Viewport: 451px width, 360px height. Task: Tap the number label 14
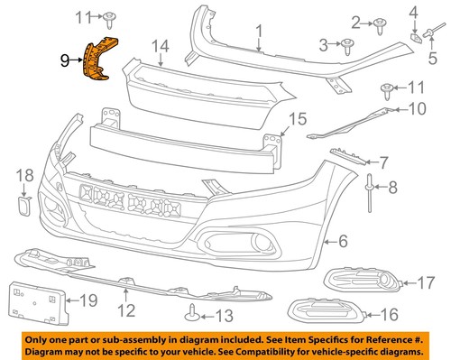pos(160,46)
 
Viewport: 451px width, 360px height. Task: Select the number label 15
pos(297,118)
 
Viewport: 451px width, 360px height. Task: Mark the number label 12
pos(125,311)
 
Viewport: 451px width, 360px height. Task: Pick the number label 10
pos(416,108)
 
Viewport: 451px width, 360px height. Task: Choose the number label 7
pos(383,162)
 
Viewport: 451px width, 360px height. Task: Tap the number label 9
pos(64,61)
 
